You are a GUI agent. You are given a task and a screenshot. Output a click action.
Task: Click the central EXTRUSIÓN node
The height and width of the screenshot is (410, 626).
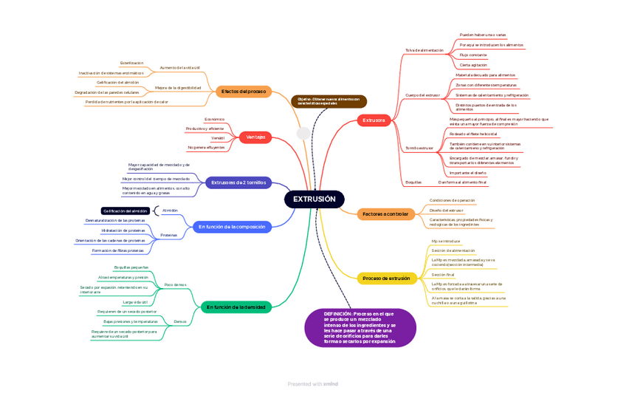(314, 199)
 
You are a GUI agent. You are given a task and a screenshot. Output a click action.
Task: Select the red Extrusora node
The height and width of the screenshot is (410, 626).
(374, 120)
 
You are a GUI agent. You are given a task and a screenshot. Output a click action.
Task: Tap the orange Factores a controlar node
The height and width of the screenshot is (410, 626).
(385, 214)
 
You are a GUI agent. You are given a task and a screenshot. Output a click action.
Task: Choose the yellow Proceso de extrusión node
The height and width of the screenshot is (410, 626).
(386, 279)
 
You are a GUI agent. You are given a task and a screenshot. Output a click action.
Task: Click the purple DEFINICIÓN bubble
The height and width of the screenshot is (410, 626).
(360, 327)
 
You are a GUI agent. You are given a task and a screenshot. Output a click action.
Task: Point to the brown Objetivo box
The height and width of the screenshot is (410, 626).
(329, 101)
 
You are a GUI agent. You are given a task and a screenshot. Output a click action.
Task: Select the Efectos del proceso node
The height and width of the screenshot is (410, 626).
(244, 92)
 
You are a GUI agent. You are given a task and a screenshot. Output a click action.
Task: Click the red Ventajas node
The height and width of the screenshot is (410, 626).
(255, 137)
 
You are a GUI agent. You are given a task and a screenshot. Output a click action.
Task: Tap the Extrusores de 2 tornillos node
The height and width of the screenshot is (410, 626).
(238, 182)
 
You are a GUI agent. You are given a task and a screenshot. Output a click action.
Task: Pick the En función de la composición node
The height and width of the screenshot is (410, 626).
(232, 227)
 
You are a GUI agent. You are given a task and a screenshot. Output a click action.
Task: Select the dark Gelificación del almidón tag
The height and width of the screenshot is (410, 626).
(125, 211)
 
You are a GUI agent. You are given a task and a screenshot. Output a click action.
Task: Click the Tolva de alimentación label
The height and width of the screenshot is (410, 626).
(424, 50)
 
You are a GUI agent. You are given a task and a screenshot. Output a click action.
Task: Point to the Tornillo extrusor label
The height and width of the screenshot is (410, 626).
(420, 148)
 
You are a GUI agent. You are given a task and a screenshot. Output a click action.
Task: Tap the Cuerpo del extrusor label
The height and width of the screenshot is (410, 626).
(423, 95)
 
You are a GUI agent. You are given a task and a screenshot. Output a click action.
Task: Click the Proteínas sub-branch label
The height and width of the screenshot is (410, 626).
(169, 235)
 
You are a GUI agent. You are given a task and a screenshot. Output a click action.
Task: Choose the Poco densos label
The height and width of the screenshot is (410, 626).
(175, 284)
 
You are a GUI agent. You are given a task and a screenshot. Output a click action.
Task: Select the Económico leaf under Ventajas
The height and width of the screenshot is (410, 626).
(214, 119)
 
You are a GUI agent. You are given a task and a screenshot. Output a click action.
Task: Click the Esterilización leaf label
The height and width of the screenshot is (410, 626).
(131, 63)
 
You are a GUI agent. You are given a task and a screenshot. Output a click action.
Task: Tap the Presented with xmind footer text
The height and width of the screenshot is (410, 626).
(313, 383)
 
